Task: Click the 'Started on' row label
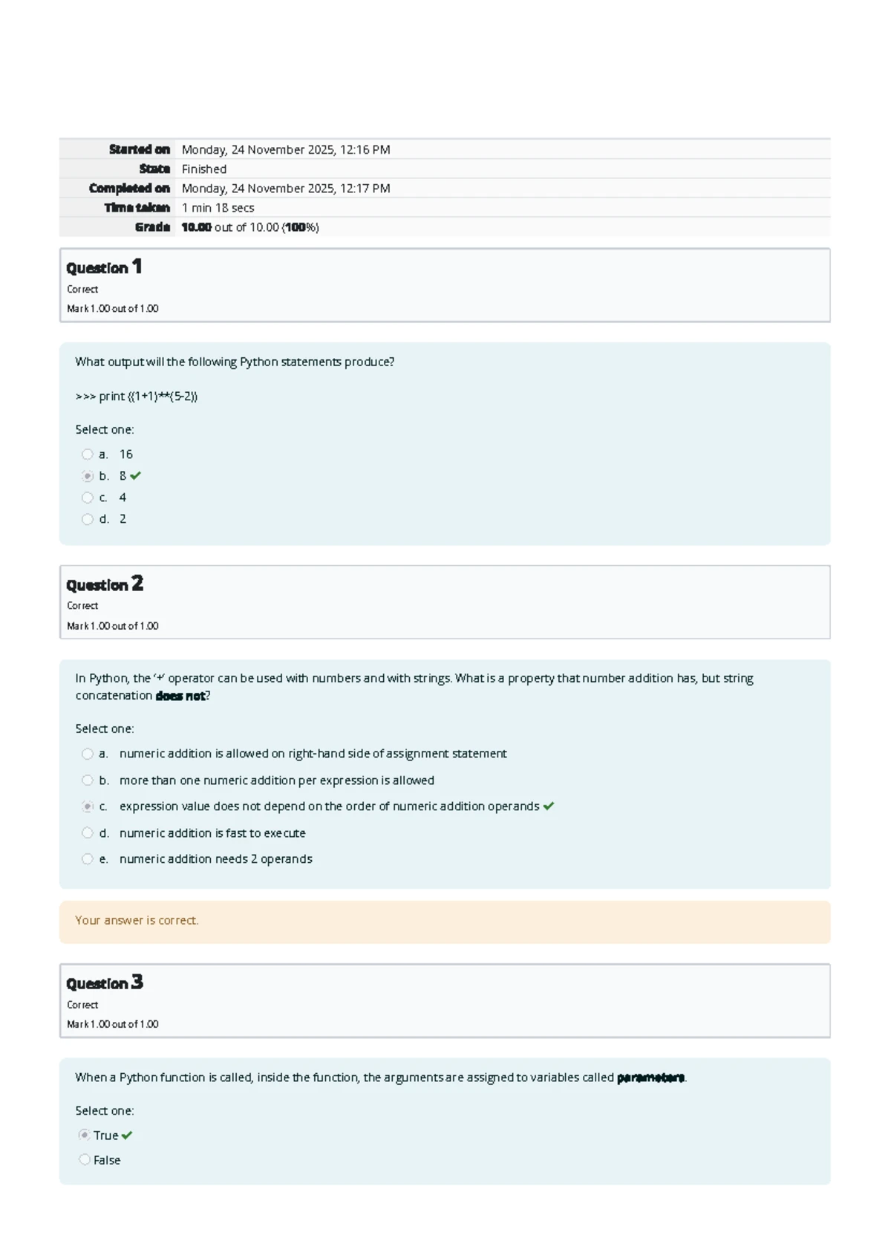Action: [139, 149]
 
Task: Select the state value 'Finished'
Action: [203, 169]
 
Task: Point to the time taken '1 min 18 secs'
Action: [218, 208]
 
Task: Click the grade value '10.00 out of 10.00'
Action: [249, 227]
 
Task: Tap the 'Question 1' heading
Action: [104, 267]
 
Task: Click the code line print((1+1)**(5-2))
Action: [137, 397]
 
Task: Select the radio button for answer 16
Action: [88, 454]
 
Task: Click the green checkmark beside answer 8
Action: [135, 476]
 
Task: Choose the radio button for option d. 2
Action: [88, 519]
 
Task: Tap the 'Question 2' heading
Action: [105, 584]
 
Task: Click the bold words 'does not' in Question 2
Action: [180, 696]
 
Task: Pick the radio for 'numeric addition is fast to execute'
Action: [88, 833]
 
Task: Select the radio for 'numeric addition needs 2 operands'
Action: [88, 859]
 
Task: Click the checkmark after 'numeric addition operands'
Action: [549, 806]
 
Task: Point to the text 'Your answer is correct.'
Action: [137, 921]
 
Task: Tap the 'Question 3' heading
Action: [105, 983]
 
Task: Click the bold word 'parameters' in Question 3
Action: [650, 1078]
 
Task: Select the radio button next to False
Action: [85, 1160]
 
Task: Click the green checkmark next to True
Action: [127, 1135]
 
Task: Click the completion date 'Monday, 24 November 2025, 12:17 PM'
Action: [286, 189]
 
